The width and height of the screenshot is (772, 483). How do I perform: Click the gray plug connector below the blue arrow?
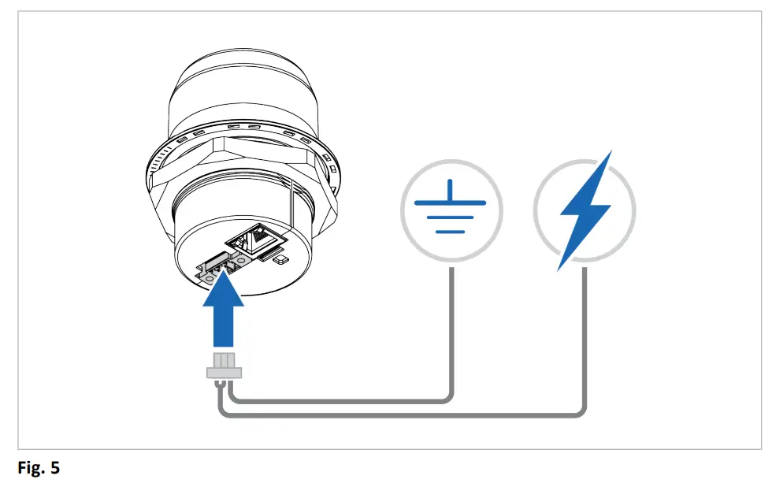tap(224, 367)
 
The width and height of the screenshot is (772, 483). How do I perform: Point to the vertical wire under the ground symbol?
tap(451, 331)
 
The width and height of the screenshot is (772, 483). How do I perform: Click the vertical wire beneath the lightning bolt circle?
tap(584, 339)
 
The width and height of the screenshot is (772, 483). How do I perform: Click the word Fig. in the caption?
tap(31, 468)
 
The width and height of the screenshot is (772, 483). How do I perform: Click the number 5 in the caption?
tap(54, 468)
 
